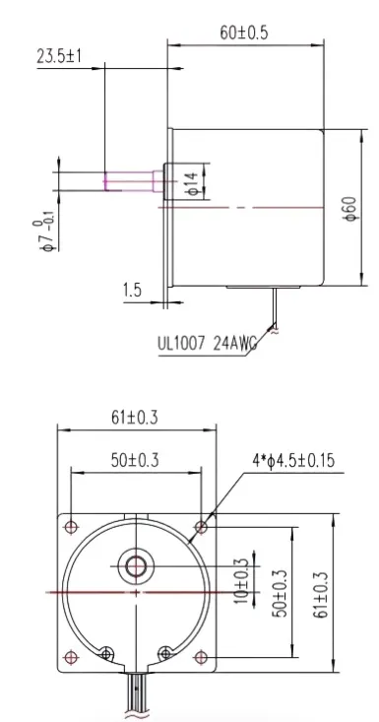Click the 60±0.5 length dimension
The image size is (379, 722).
coord(244,33)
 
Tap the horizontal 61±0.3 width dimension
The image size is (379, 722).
coord(136,419)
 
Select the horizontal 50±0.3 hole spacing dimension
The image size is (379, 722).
coord(136,459)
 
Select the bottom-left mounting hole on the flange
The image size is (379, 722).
coord(71,656)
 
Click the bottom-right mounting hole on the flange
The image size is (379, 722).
coord(202,656)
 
